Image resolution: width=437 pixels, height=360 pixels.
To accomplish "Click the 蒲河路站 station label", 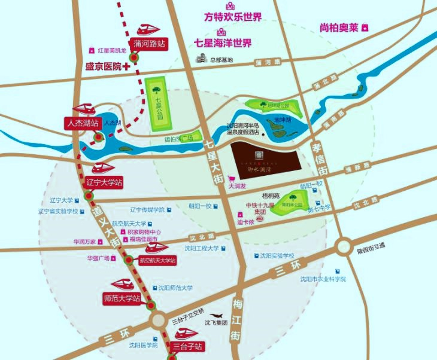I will pyautogui.click(x=149, y=44).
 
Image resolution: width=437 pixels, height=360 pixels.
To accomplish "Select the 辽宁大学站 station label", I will pyautogui.click(x=104, y=182).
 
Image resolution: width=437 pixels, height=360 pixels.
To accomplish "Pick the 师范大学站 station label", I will pyautogui.click(x=122, y=297).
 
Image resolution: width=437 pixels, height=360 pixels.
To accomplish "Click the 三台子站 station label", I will pyautogui.click(x=188, y=346).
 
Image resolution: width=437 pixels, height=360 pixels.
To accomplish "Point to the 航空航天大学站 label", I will pyautogui.click(x=157, y=260).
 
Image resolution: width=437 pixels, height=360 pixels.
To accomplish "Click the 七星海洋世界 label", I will pyautogui.click(x=223, y=42).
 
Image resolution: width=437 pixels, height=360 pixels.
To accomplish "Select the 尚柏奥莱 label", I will pyautogui.click(x=339, y=28).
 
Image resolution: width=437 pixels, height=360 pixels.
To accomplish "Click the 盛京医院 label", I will pyautogui.click(x=104, y=66).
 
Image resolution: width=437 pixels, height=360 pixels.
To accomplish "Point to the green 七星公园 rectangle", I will pyautogui.click(x=157, y=105).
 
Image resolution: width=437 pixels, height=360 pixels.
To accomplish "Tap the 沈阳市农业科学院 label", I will pyautogui.click(x=323, y=279).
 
